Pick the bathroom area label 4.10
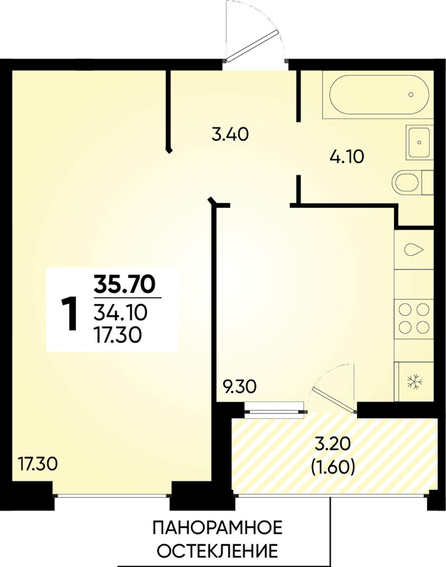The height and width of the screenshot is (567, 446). [x=346, y=157]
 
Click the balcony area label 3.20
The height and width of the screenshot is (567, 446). [x=332, y=452]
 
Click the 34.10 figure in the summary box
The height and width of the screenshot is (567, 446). [x=121, y=313]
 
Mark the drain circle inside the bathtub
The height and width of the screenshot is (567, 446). [x=411, y=94]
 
